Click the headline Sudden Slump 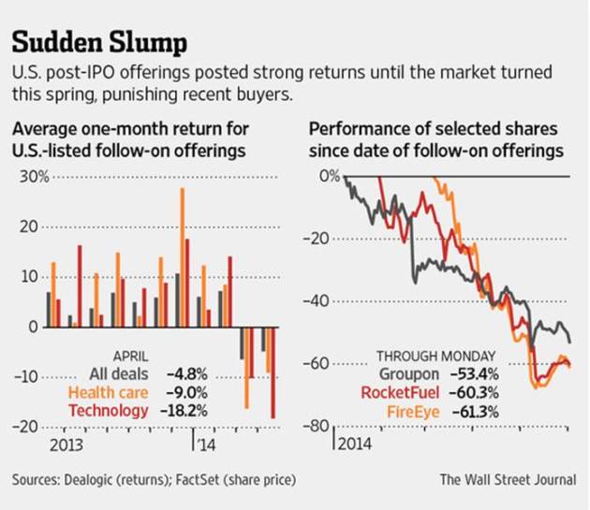pyautogui.click(x=99, y=42)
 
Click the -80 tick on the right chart pyautogui.click(x=321, y=426)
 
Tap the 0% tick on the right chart pyautogui.click(x=327, y=176)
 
